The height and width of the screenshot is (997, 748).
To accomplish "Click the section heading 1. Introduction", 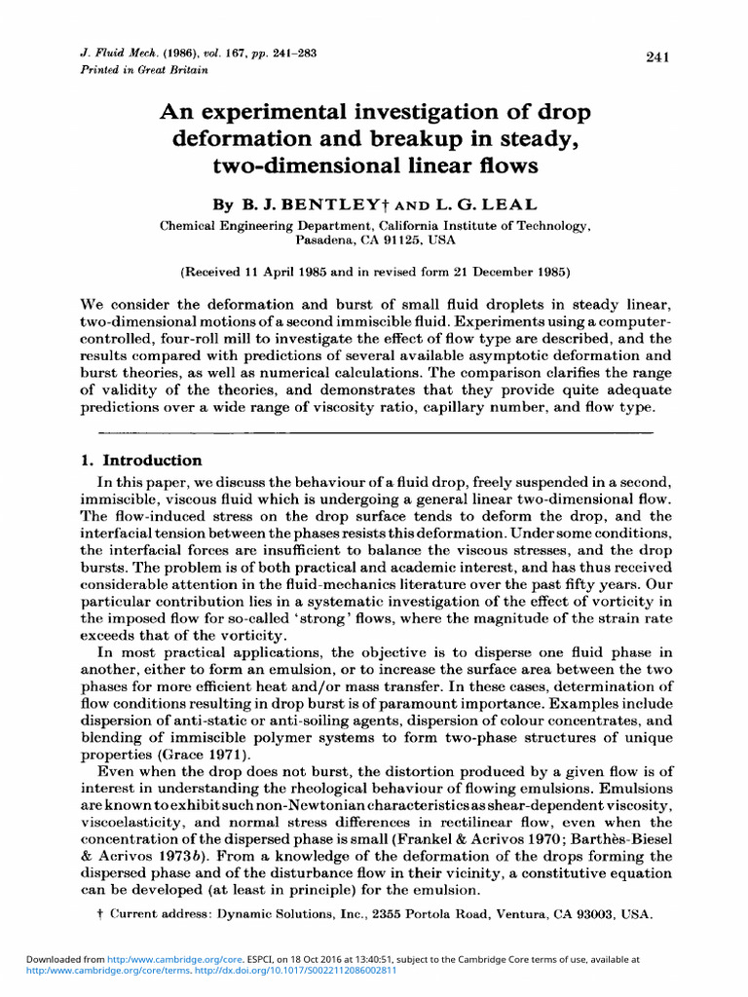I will [139, 461].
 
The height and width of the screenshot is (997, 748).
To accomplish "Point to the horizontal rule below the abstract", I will [375, 429].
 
